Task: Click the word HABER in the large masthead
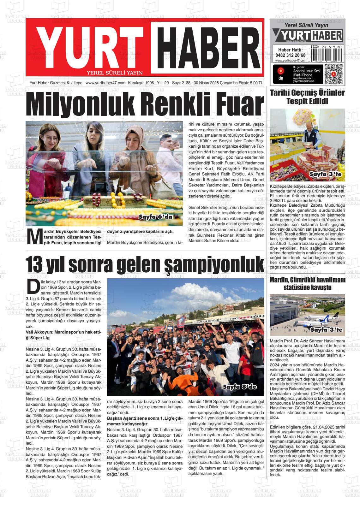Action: [207, 47]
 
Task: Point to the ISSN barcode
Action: [326, 55]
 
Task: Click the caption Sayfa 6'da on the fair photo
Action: [155, 217]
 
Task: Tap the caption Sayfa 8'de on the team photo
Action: [240, 387]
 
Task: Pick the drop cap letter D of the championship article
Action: [33, 286]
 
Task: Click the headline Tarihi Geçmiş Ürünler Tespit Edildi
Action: [307, 97]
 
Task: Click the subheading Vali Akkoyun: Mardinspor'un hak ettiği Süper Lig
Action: [63, 335]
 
